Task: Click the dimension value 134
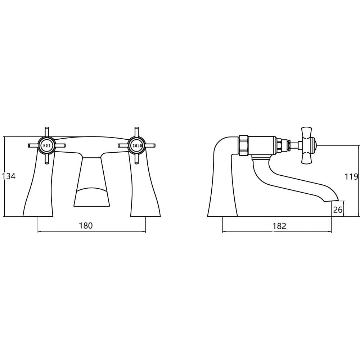click(9, 176)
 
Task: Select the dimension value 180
click(86, 226)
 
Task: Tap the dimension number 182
click(279, 226)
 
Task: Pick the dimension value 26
click(338, 209)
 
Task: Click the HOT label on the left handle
click(47, 146)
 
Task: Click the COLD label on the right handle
click(136, 146)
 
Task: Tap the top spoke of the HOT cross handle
click(46, 132)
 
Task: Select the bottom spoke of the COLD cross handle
click(136, 159)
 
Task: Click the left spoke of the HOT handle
click(33, 146)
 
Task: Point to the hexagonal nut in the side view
click(244, 145)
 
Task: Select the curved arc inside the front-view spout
click(92, 189)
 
